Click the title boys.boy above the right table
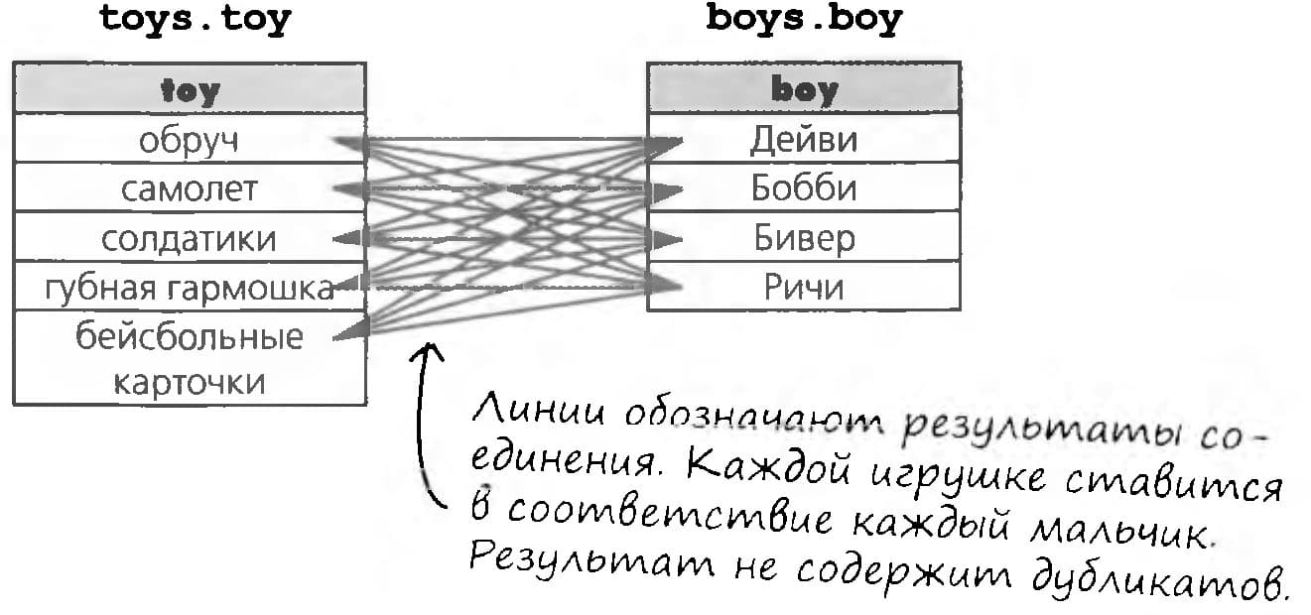(804, 20)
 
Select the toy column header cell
(190, 88)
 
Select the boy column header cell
(804, 87)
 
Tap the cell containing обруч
(190, 138)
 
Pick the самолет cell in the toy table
(190, 187)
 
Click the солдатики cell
(190, 237)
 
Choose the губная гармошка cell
(190, 286)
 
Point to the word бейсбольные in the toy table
(189, 336)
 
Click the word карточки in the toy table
(189, 382)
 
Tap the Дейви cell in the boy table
(804, 138)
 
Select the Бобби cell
(804, 187)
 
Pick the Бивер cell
(804, 236)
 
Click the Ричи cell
(804, 286)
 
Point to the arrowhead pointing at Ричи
(664, 285)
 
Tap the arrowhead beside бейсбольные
(350, 330)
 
